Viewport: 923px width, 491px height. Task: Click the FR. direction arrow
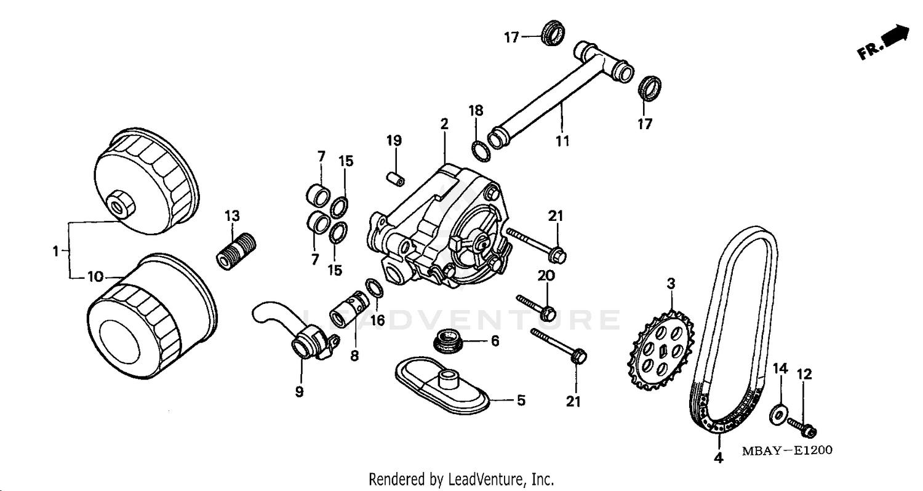click(x=887, y=42)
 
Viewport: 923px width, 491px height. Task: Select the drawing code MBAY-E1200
click(x=786, y=450)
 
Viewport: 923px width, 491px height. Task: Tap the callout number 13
click(x=232, y=216)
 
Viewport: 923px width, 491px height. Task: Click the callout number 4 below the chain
click(x=717, y=458)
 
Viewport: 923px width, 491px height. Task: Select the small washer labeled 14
click(x=778, y=415)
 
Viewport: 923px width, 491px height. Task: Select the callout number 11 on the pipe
click(x=562, y=140)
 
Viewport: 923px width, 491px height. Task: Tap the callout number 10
click(x=95, y=277)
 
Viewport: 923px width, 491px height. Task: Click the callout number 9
click(x=299, y=391)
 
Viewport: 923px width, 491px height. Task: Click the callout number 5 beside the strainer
click(x=521, y=401)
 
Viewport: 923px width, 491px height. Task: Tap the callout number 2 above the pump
click(x=444, y=123)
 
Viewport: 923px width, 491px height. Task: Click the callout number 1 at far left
click(x=55, y=251)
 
